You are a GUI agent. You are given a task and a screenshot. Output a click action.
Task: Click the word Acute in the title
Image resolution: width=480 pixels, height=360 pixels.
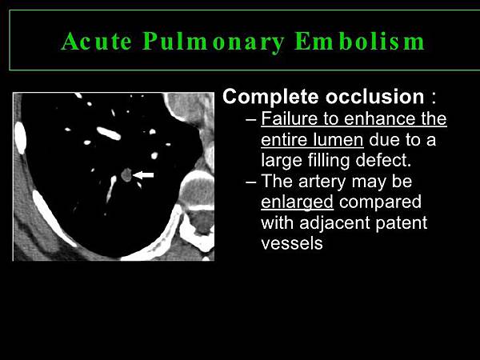(97, 41)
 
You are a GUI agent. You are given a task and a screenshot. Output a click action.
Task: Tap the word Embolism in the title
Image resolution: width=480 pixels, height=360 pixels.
(360, 41)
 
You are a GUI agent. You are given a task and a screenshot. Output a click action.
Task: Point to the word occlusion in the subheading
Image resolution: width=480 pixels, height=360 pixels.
(375, 97)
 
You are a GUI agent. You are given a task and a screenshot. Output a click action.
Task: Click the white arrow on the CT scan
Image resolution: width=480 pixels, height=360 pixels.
(143, 174)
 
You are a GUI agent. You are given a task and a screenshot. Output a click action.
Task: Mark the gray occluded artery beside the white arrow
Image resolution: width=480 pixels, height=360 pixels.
(126, 174)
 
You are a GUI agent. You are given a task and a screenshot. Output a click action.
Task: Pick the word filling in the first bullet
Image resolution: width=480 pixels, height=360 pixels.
(329, 161)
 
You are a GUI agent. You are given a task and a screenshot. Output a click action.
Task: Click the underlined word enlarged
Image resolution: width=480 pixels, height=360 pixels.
(297, 202)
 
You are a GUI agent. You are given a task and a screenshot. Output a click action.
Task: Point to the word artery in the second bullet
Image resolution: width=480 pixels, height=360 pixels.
(322, 182)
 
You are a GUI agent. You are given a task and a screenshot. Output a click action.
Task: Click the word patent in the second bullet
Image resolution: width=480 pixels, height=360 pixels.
(402, 223)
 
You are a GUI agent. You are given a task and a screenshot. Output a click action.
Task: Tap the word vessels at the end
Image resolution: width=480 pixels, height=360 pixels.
(292, 244)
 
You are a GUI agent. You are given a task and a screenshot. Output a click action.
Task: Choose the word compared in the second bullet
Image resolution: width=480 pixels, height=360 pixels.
(380, 202)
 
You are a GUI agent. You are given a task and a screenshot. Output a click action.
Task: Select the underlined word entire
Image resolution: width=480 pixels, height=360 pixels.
(283, 139)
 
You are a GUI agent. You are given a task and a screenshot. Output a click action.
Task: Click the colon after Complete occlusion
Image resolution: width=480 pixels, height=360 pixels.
(433, 98)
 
